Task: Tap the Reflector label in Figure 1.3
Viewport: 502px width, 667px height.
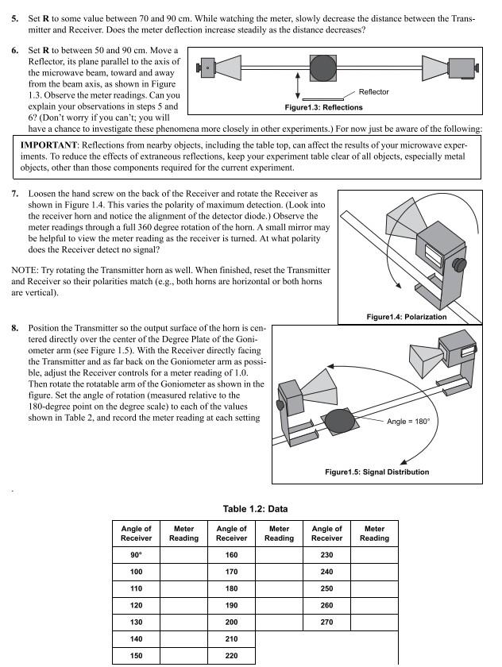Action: pyautogui.click(x=373, y=92)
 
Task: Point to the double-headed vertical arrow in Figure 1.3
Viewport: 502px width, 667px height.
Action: pyautogui.click(x=297, y=84)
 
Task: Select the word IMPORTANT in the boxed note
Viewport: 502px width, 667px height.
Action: pyautogui.click(x=53, y=146)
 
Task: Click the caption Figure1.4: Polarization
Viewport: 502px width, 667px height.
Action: pyautogui.click(x=406, y=317)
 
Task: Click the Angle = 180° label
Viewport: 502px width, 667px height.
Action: pyautogui.click(x=407, y=421)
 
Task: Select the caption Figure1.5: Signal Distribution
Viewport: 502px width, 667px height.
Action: pyautogui.click(x=376, y=472)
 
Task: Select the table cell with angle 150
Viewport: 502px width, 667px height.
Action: pyautogui.click(x=136, y=656)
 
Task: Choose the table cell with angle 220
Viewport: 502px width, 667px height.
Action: pyautogui.click(x=231, y=656)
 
